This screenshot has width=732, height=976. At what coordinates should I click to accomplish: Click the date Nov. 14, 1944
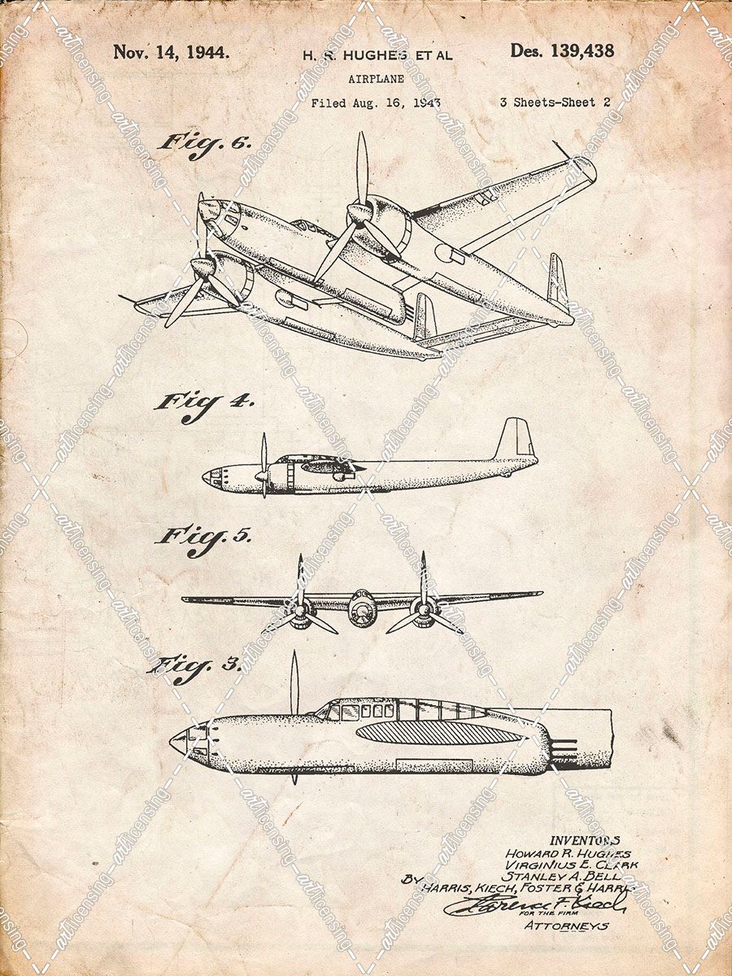pyautogui.click(x=171, y=52)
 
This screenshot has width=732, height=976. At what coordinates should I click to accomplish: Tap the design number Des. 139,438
pyautogui.click(x=562, y=51)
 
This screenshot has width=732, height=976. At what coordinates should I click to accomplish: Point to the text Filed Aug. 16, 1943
pyautogui.click(x=376, y=103)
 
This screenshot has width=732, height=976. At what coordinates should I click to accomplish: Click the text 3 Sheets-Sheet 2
pyautogui.click(x=555, y=102)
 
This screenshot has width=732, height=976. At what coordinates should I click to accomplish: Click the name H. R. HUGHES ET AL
pyautogui.click(x=377, y=55)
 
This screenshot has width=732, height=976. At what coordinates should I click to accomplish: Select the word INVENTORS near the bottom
pyautogui.click(x=585, y=840)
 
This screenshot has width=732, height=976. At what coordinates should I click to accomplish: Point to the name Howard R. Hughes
pyautogui.click(x=568, y=853)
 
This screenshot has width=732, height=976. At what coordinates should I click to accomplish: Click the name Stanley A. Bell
pyautogui.click(x=562, y=877)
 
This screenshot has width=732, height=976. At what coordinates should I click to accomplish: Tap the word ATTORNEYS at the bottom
pyautogui.click(x=566, y=926)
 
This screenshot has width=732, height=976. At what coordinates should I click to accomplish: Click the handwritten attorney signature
pyautogui.click(x=537, y=904)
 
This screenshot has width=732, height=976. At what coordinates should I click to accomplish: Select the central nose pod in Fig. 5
pyautogui.click(x=362, y=609)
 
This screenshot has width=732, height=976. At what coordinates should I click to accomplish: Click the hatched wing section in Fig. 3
pyautogui.click(x=439, y=734)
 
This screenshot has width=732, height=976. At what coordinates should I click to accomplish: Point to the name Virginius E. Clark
pyautogui.click(x=571, y=865)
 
